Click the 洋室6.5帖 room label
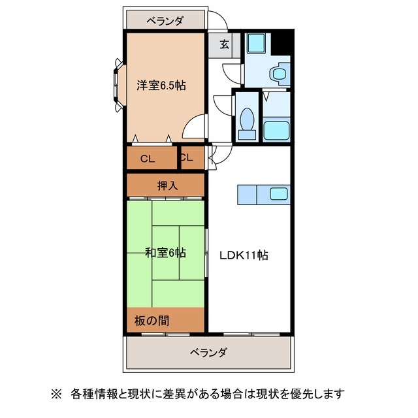[x=161, y=85]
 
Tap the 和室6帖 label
[x=165, y=252]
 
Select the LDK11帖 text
[x=243, y=255]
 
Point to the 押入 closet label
[x=166, y=185]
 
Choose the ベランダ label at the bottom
[x=208, y=353]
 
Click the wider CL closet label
[x=148, y=158]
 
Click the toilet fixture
[x=248, y=121]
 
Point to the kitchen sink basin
[x=280, y=193]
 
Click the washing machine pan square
[x=253, y=43]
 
